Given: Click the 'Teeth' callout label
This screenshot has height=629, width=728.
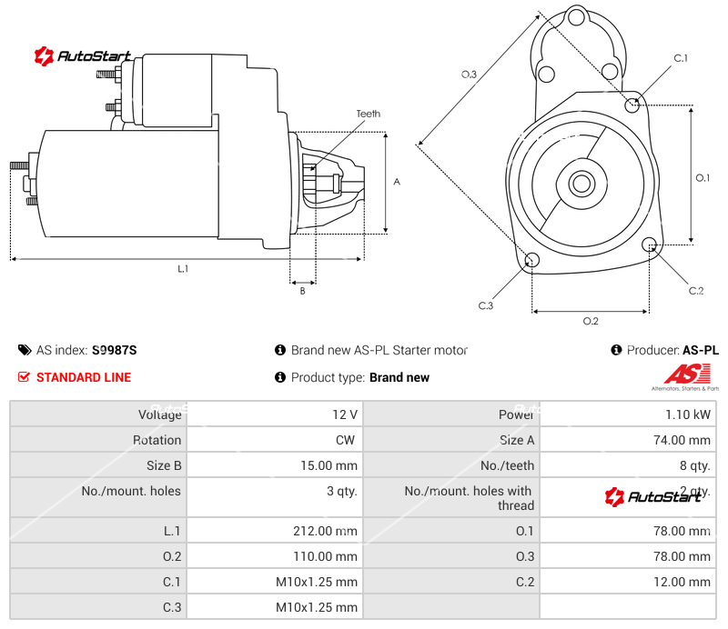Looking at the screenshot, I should pos(368,114).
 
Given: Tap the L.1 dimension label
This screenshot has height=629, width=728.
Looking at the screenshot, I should pos(183,268).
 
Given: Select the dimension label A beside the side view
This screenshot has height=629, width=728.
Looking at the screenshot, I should pos(396,182).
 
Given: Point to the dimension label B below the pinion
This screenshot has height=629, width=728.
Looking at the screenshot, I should pos(302,291).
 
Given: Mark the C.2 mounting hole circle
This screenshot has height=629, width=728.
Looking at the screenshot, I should pos(650,245).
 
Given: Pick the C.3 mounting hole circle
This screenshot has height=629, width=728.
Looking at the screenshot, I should pos(532,262).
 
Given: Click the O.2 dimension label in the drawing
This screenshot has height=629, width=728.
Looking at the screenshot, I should pos(590,321).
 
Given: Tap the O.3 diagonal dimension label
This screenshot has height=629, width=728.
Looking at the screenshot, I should pos(469,75).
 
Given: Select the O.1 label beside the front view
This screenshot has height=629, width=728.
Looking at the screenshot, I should pos(703,178).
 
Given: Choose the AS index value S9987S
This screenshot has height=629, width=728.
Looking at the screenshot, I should pos(114,350).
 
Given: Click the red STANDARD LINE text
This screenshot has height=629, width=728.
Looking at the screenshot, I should pos(83,377).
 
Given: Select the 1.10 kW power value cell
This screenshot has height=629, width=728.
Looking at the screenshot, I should pos(692,414).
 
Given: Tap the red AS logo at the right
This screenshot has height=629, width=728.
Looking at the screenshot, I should pos(681,374).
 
